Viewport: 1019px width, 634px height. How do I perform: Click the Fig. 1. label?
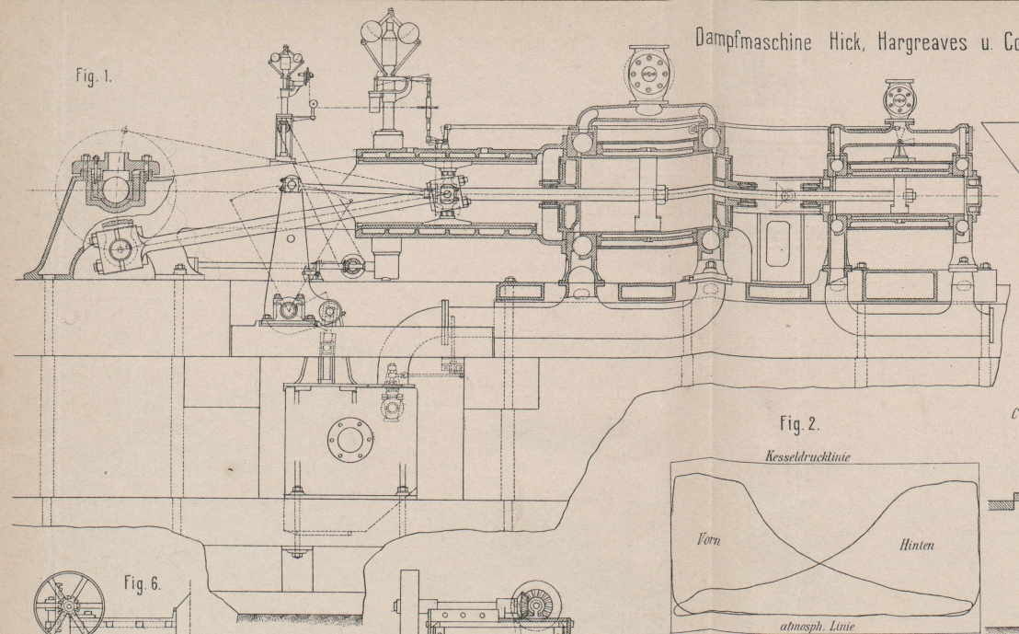95,77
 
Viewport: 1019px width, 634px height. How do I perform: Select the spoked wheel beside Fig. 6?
63,605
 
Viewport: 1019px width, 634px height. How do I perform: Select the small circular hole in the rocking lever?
291,237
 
